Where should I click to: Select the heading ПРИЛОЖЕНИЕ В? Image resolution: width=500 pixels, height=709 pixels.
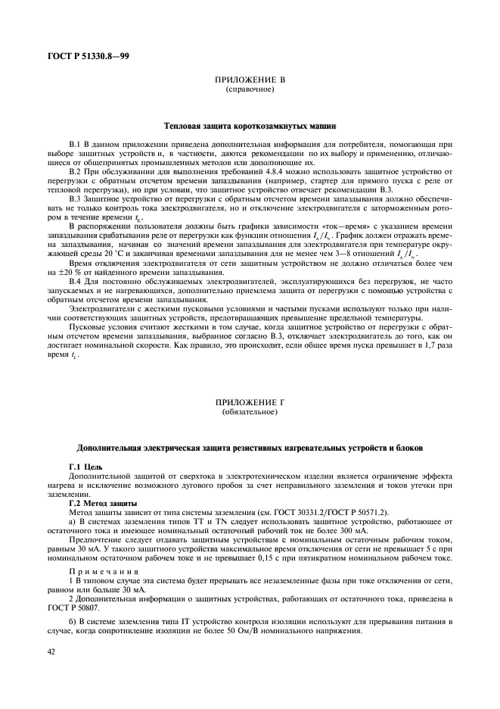(249, 80)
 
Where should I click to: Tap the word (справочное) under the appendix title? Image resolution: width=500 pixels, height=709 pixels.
(249, 89)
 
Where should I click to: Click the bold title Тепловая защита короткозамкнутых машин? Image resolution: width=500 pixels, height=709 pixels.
(250, 125)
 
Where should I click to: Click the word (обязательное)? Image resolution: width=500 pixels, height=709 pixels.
(249, 413)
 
